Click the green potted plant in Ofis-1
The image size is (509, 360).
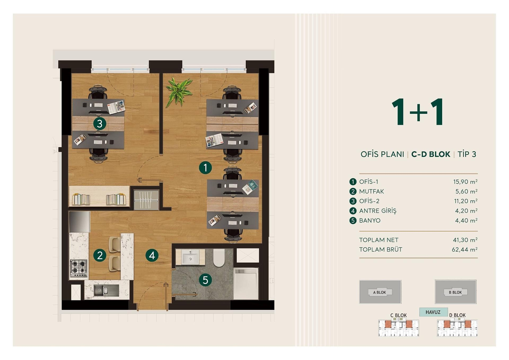178,92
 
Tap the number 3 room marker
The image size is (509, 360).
100,124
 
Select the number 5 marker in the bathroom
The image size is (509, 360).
205,280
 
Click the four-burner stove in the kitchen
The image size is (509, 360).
79,267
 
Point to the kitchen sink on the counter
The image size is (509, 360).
106,290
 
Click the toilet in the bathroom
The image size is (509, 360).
219,258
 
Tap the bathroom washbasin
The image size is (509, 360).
190,257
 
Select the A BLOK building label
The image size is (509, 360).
380,292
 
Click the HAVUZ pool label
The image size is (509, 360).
433,312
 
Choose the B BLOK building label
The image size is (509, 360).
455,292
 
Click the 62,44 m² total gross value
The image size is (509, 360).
464,249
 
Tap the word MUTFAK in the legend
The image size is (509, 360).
371,191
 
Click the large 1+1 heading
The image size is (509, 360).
417,112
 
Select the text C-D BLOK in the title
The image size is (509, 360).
431,154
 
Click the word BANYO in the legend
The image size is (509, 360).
370,220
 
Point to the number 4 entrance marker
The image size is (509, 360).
152,255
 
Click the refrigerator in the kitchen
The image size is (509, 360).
79,222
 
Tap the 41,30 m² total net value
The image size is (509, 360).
465,240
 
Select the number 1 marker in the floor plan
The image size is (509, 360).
205,168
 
